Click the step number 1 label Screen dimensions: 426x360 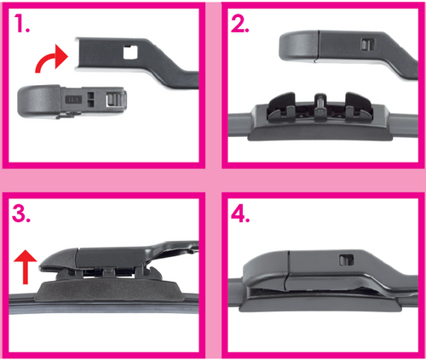(x=22, y=23)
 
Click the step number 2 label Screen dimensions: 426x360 (x=240, y=23)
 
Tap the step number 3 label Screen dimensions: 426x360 (x=21, y=213)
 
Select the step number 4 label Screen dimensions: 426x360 (x=240, y=213)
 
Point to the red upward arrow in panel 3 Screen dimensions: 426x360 (x=26, y=266)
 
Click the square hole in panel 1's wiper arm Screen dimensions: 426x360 (x=130, y=52)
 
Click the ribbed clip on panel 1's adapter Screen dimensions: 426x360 (x=116, y=100)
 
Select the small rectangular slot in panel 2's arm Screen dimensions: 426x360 (x=367, y=44)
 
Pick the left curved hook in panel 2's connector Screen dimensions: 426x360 (x=281, y=106)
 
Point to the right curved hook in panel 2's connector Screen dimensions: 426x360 (x=359, y=106)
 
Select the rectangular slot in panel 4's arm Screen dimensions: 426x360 (x=347, y=260)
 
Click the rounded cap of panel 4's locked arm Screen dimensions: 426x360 (x=266, y=270)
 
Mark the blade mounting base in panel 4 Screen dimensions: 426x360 (x=320, y=302)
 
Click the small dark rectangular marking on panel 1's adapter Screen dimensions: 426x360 (x=73, y=100)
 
